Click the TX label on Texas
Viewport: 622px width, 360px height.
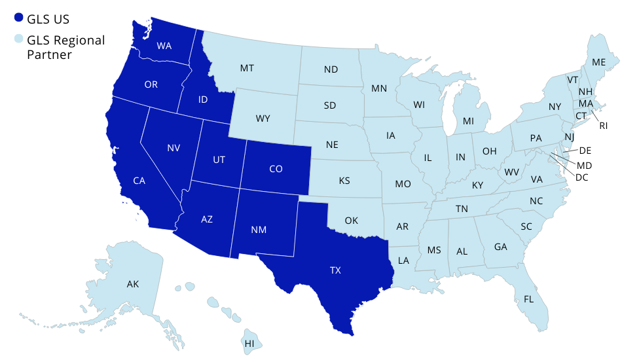tap(335, 270)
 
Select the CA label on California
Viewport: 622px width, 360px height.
tap(139, 181)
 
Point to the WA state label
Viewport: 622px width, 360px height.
tap(164, 46)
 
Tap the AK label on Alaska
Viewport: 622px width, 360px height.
tap(133, 284)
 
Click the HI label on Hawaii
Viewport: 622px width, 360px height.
tap(249, 343)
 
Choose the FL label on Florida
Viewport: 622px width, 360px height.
tap(528, 299)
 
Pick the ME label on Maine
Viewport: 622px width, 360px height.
tap(598, 62)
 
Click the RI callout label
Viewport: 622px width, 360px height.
tap(604, 125)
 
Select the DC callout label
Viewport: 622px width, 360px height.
tap(581, 177)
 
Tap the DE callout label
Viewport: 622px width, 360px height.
tap(585, 151)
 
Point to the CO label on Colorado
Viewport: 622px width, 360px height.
tap(276, 169)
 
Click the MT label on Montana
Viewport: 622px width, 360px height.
tap(247, 68)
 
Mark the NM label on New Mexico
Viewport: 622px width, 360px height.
tap(259, 230)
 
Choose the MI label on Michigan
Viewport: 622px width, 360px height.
tap(468, 121)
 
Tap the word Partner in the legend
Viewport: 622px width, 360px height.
tap(49, 55)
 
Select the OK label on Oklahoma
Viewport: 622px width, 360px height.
tap(351, 221)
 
